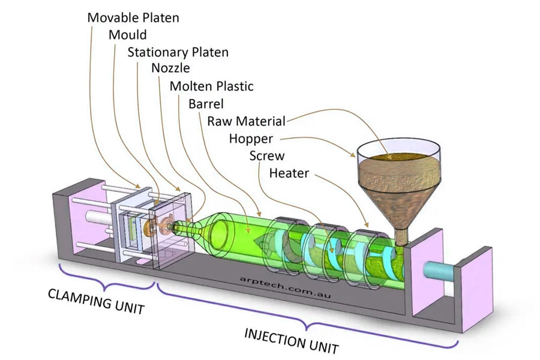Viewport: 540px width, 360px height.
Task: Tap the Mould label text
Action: [x=127, y=34]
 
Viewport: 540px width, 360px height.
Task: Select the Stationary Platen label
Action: [x=178, y=52]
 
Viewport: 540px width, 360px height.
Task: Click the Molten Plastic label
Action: [x=211, y=86]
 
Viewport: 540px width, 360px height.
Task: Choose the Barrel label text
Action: [x=206, y=103]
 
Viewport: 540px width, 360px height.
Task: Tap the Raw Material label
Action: [x=246, y=121]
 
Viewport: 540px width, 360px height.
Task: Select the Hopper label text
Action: [x=251, y=139]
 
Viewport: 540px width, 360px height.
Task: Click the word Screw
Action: [x=266, y=156]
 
